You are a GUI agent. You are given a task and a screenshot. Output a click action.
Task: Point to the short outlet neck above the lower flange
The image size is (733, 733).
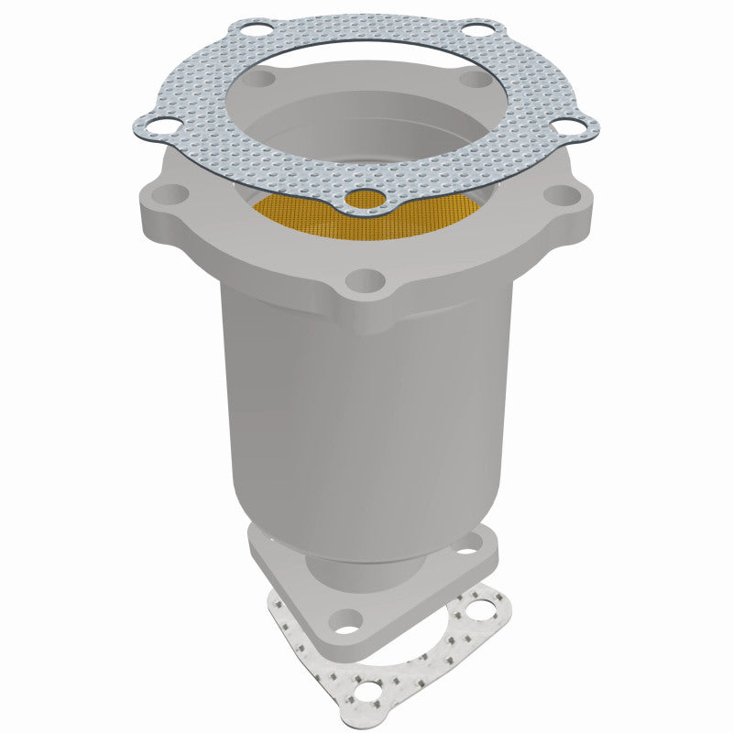(366, 568)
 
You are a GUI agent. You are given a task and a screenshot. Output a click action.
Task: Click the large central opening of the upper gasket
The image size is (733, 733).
(366, 101)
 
